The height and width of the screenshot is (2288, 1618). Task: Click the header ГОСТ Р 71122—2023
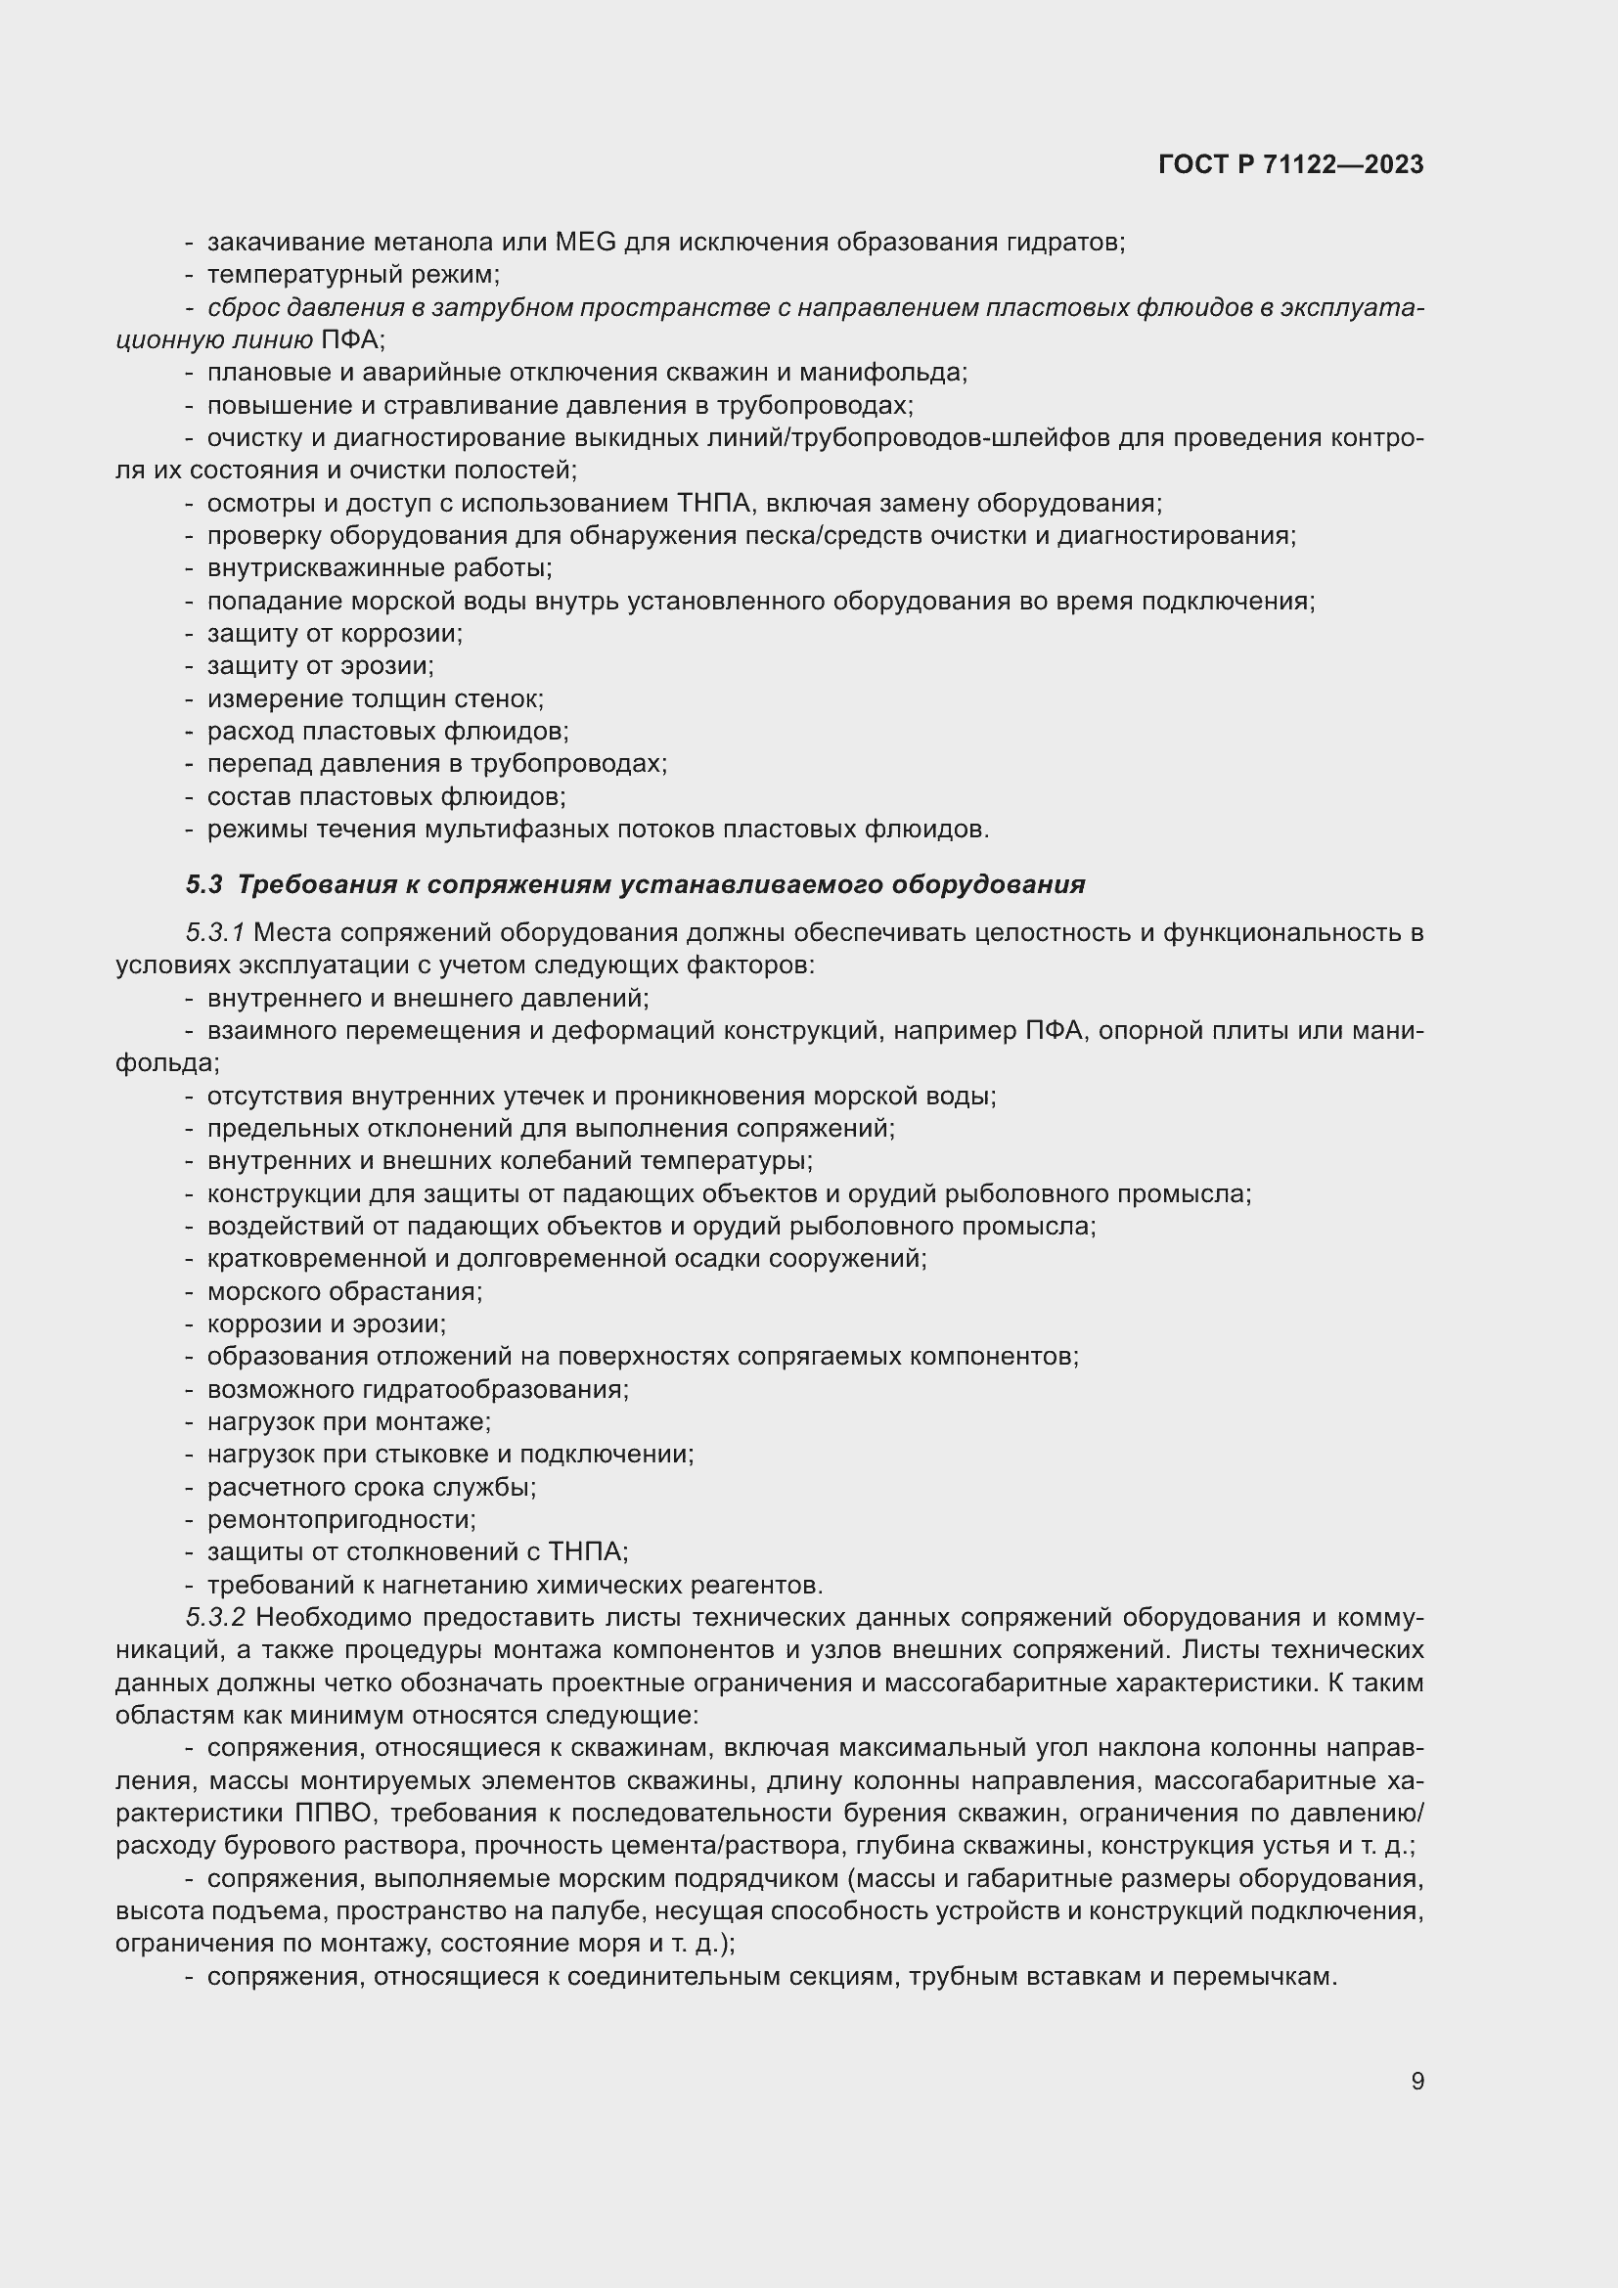1290,164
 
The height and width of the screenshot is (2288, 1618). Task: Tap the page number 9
1416,2081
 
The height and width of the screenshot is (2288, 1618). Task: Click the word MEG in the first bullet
586,243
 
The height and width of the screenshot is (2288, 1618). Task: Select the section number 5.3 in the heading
203,884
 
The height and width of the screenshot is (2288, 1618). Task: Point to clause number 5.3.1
214,933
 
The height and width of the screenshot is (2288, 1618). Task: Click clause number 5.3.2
214,1616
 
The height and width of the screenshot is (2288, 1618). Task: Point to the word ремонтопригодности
340,1519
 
